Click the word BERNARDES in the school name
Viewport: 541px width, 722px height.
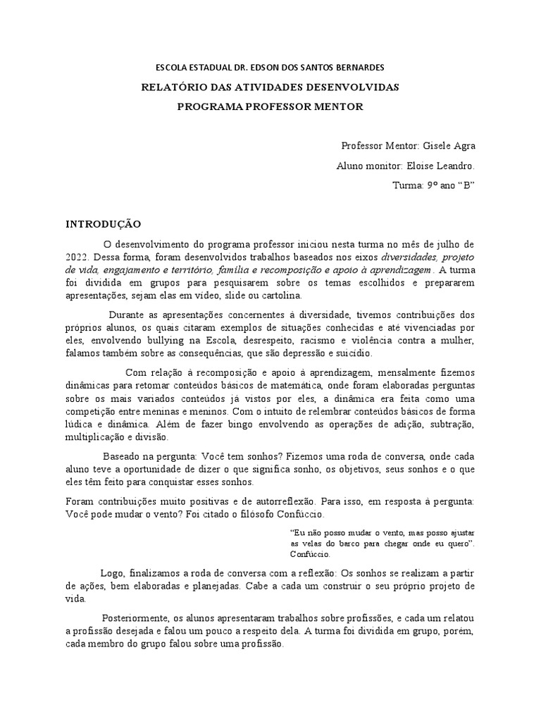[x=355, y=68]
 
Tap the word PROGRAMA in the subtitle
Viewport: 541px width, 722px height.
[x=209, y=106]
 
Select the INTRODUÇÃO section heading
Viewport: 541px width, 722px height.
[x=104, y=224]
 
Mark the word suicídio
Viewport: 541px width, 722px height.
[x=354, y=353]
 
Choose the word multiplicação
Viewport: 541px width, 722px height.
[x=95, y=437]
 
